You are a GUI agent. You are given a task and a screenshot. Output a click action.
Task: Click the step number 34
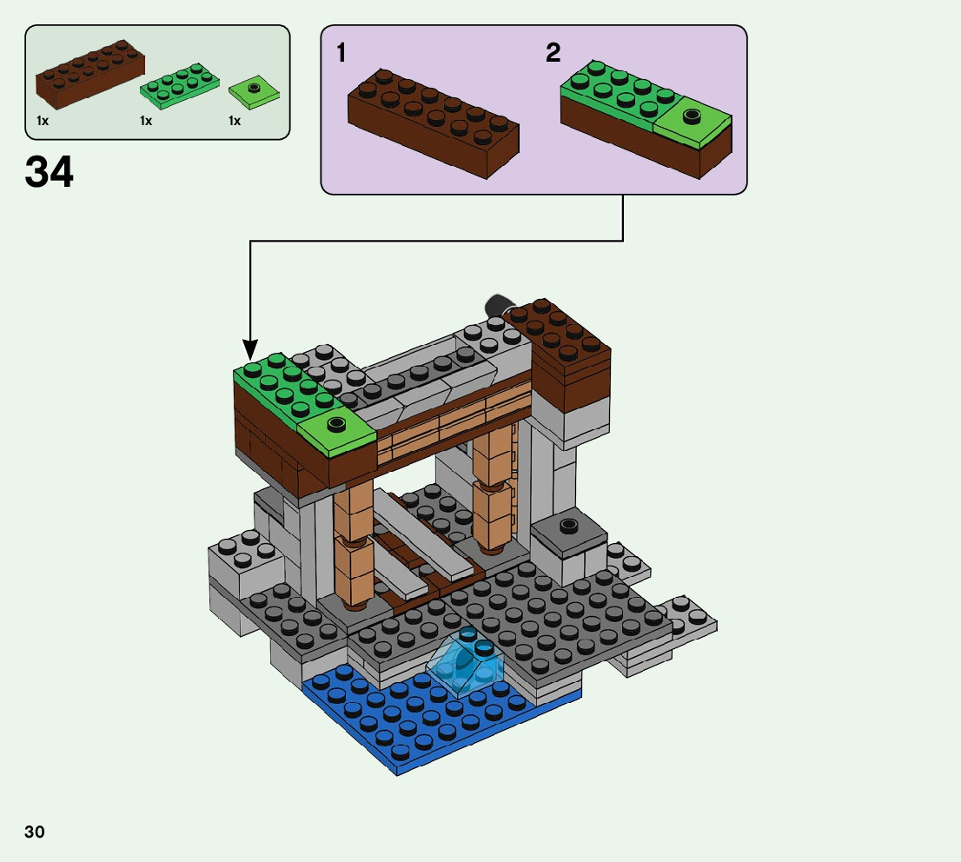point(50,172)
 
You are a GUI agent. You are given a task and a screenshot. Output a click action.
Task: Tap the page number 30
point(35,832)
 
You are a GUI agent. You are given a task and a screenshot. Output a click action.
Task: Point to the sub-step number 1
point(341,54)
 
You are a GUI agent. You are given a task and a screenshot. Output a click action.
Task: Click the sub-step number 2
point(553,54)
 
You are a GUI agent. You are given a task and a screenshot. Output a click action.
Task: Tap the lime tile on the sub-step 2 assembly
point(693,122)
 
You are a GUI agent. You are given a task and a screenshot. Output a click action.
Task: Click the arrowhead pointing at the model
point(250,352)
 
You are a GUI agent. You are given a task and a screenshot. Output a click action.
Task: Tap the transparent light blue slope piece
point(466,662)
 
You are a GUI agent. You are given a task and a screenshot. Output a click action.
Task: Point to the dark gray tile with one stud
point(568,530)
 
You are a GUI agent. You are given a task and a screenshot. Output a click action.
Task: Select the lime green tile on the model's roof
point(335,430)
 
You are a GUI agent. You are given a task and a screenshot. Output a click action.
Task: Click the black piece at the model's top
point(498,305)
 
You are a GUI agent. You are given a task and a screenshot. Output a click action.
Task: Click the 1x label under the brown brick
point(43,121)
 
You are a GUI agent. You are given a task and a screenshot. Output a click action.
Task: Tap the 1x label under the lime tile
point(235,121)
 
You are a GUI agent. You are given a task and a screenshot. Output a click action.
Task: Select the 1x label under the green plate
point(146,121)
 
